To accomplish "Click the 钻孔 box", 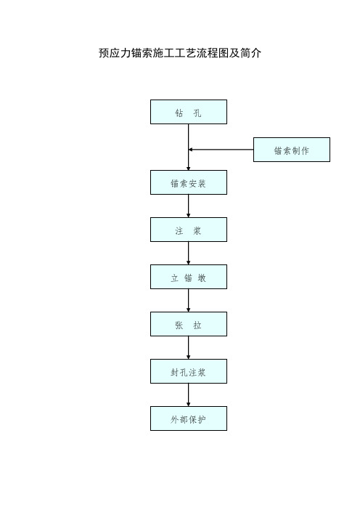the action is tap(189, 112).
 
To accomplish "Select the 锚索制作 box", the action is tap(292, 150).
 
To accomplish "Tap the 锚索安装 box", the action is tap(189, 182).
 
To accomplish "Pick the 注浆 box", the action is tap(189, 230).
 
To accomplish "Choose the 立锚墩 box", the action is tap(189, 277).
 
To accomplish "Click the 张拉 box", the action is tap(189, 324).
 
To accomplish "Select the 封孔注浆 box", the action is tap(189, 371).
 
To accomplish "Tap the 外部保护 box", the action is tap(189, 418).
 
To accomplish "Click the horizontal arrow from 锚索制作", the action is tap(221, 150).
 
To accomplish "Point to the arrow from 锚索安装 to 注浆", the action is tap(189, 206).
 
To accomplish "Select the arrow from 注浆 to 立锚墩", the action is tap(189, 253).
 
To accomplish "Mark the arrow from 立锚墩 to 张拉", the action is tap(189, 300).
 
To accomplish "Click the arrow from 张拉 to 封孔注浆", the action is tap(189, 347).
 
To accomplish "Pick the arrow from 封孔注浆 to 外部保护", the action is tap(189, 394).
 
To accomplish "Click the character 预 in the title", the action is tap(104, 53).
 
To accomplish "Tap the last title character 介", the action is tap(256, 53).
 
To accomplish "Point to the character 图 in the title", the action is tap(224, 53).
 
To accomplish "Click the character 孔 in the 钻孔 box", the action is tap(197, 113).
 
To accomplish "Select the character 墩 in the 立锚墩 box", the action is tap(202, 278).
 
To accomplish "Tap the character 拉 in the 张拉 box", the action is tap(197, 325).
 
